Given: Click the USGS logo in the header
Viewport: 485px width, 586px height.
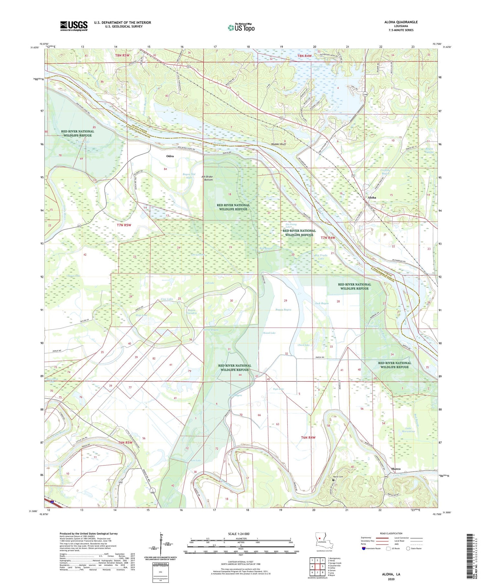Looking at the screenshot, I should click(x=74, y=26).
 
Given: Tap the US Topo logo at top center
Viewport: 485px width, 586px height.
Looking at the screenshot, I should click(x=241, y=27).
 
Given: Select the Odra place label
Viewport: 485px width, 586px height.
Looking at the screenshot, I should click(x=170, y=156).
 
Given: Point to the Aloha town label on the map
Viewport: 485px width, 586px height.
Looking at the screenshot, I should click(x=372, y=197).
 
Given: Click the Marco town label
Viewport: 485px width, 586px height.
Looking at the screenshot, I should click(x=395, y=469).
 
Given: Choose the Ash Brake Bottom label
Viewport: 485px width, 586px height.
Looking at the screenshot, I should click(x=207, y=178).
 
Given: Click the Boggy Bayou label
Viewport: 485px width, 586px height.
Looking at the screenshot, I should click(x=283, y=310).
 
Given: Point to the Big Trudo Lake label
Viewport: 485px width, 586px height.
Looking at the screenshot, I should click(x=321, y=257).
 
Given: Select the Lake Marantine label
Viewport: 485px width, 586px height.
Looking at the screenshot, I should click(x=408, y=430).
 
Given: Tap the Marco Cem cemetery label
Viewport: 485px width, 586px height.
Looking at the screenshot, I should click(x=338, y=476).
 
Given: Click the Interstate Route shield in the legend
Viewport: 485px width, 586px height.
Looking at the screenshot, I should click(x=363, y=548).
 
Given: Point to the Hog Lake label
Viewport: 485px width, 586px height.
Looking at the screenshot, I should click(x=142, y=315).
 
